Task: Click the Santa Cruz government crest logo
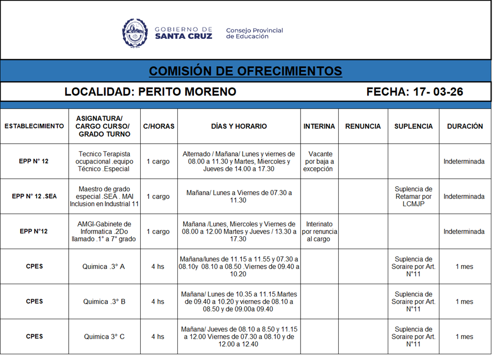coord(135,33)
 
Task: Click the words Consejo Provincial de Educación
coord(254,34)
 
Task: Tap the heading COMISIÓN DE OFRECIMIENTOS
coord(245,71)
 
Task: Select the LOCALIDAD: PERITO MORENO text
coord(150,92)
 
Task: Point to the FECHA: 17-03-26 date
coord(415,92)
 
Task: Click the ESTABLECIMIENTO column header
coord(34,126)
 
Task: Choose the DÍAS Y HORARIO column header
coord(239,126)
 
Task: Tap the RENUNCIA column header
coord(363,126)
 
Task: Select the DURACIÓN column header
coord(465,126)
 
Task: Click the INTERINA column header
coord(319,126)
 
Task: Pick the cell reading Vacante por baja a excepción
coord(319,161)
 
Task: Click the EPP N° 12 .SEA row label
coord(34,197)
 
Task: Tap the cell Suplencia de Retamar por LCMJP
coord(413,197)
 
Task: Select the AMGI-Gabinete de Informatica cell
coord(105,232)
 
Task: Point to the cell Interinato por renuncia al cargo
coord(319,232)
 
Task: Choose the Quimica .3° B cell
coord(105,302)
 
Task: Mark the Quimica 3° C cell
coord(105,337)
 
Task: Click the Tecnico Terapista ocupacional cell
coord(105,161)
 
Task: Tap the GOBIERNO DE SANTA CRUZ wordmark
coord(183,33)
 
